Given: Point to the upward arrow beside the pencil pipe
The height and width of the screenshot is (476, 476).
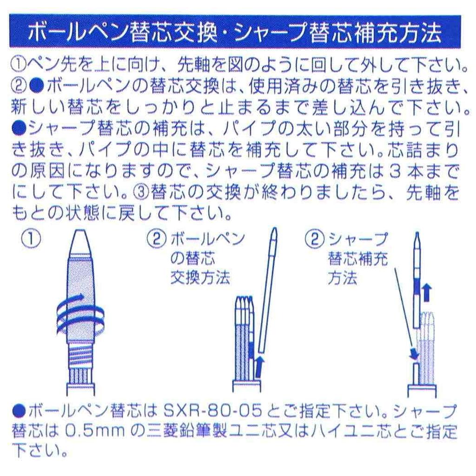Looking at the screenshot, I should pyautogui.click(x=427, y=293).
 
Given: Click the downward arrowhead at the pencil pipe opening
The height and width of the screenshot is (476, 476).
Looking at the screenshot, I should pyautogui.click(x=412, y=356).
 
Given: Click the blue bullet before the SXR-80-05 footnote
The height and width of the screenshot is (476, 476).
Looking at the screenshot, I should pyautogui.click(x=19, y=410).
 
